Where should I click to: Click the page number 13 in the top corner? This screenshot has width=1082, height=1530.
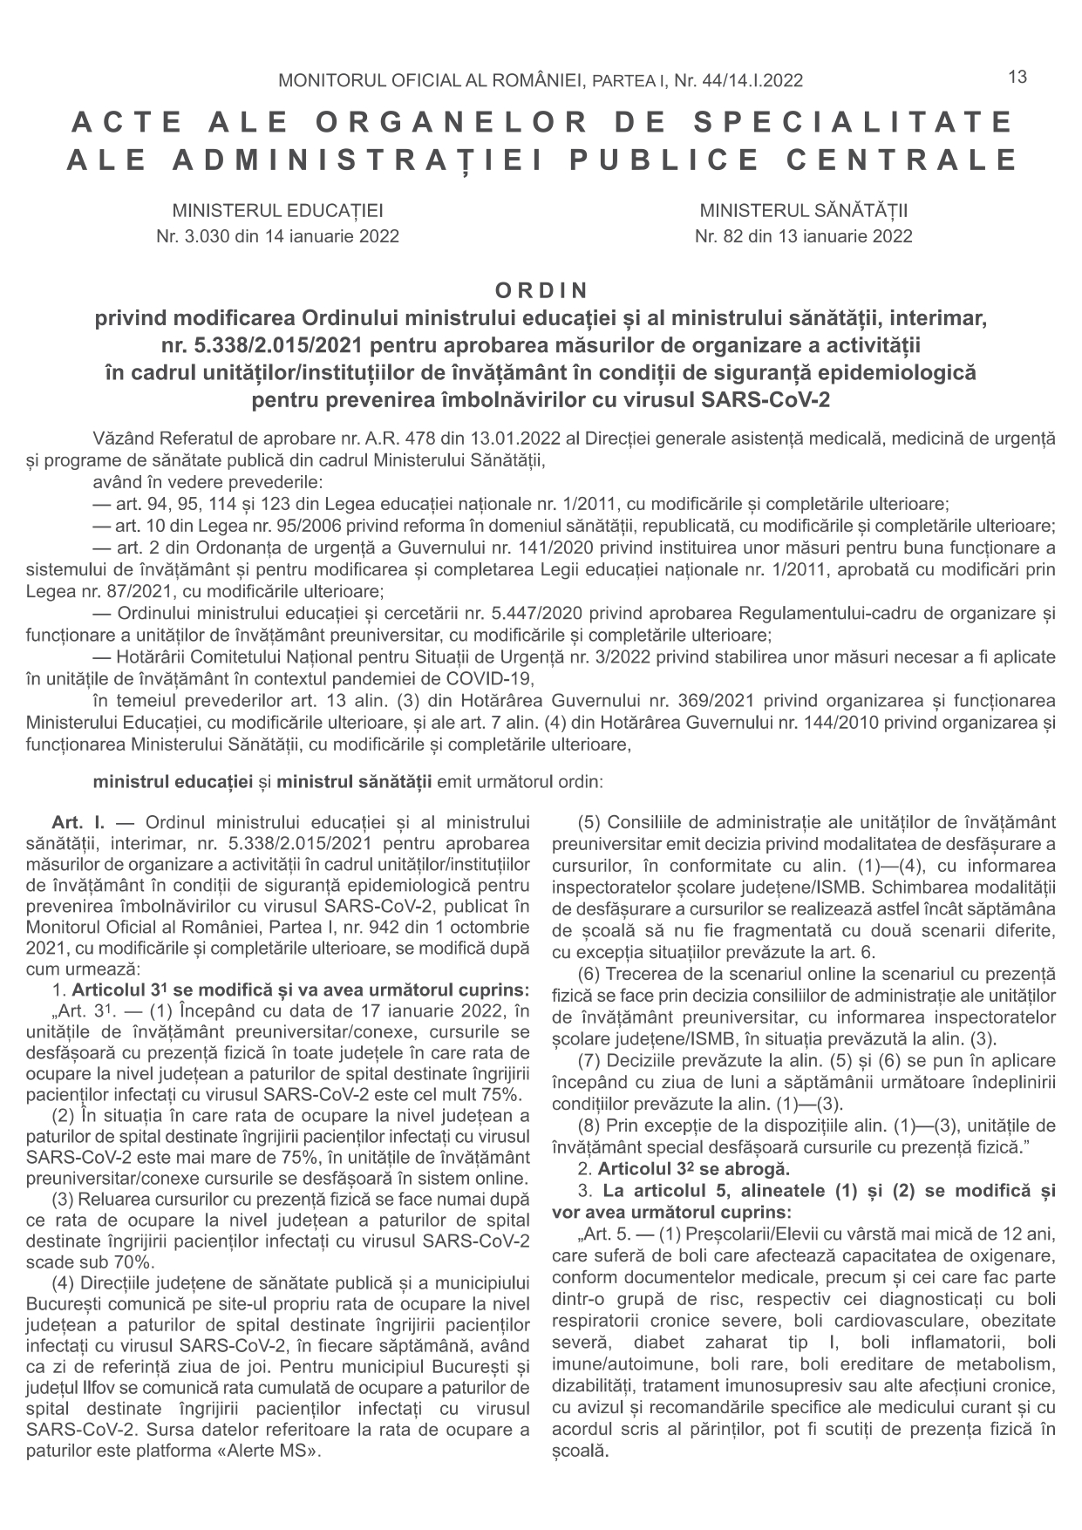tap(1017, 77)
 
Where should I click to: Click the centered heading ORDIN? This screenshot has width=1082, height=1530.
tap(541, 289)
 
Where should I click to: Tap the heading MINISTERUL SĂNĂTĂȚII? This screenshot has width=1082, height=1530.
tap(803, 211)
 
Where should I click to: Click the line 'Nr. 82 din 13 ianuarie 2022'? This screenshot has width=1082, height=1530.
tap(803, 236)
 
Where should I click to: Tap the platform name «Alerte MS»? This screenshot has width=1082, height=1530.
tap(269, 1452)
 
